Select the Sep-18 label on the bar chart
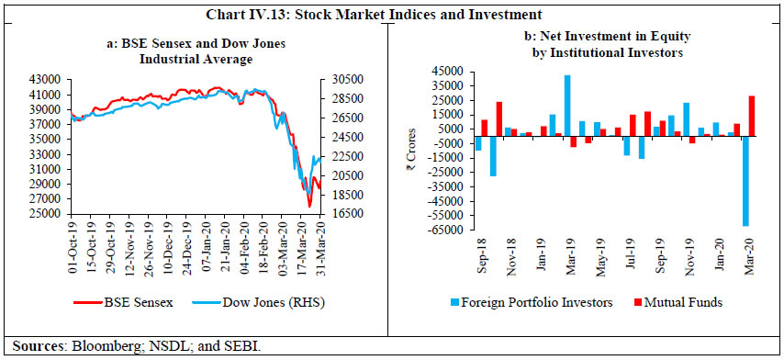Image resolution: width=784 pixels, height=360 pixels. click(478, 251)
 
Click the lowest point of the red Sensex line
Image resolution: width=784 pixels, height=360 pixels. click(310, 206)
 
